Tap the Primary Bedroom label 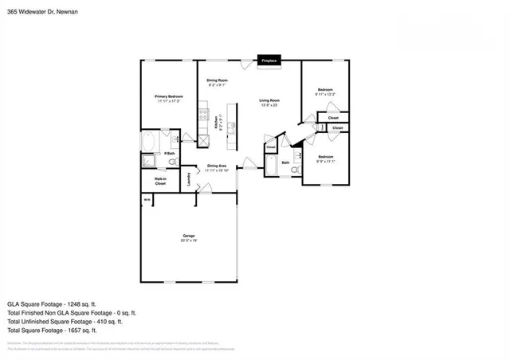pos(168,96)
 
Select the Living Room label pos(269,100)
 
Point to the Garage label pos(189,236)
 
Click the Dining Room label pos(218,80)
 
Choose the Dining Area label pos(217,166)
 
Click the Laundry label pos(189,179)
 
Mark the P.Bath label pos(170,153)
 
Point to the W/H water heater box pos(147,199)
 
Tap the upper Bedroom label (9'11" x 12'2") pos(324,90)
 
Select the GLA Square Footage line pos(52,303)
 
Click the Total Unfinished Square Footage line pos(65,321)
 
